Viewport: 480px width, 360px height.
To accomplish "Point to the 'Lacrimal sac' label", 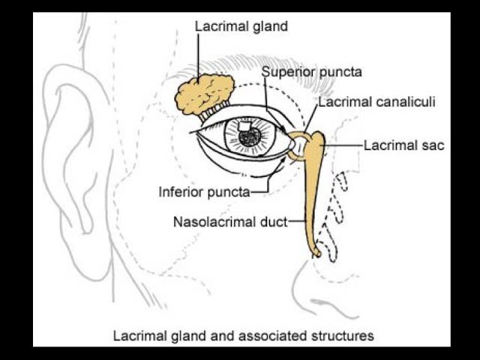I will click(x=403, y=145).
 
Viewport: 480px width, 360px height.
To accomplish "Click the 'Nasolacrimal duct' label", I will click(x=229, y=222).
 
